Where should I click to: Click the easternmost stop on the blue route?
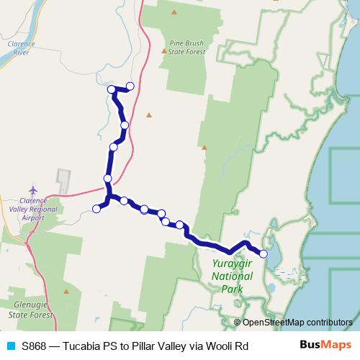(x=264, y=253)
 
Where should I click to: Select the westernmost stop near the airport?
(x=96, y=210)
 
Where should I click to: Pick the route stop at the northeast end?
(x=130, y=86)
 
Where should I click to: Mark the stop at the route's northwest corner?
(x=112, y=89)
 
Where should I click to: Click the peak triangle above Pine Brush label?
(x=174, y=12)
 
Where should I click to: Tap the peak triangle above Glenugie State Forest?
(x=66, y=292)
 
